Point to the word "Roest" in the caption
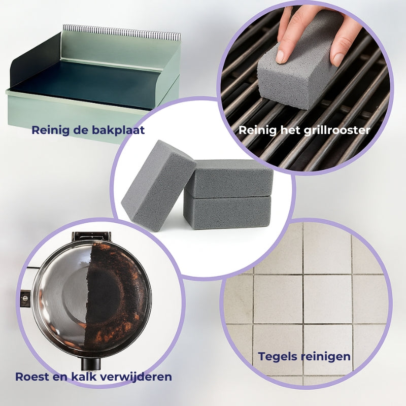(32, 377)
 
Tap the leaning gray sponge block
(158, 185)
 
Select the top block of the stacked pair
(230, 178)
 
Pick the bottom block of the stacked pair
(227, 212)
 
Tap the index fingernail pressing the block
(280, 56)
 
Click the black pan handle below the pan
(91, 363)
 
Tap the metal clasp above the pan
(91, 236)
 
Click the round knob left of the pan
(25, 298)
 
